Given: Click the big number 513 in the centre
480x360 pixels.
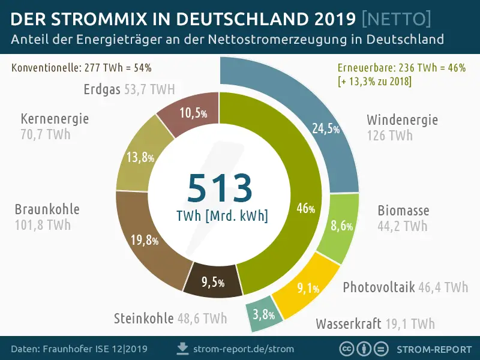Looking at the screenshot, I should [220, 188].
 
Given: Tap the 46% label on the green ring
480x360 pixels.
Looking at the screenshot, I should [305, 209].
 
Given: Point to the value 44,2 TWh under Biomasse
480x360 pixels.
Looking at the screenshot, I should [402, 226].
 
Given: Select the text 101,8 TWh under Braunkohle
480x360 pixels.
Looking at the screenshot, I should [43, 226].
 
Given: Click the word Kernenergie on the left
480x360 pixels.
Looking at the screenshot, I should [54, 118].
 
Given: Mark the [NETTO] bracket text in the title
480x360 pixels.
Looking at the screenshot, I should [397, 20].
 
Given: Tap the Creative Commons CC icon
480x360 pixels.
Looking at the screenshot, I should [346, 349].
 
